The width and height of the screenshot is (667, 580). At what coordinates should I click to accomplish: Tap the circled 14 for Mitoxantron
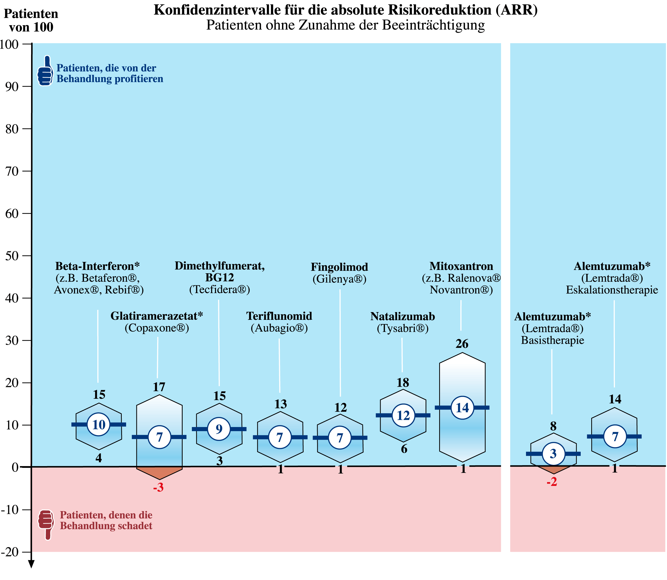tap(462, 407)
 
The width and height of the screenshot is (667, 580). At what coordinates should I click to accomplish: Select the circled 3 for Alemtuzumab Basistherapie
tap(553, 454)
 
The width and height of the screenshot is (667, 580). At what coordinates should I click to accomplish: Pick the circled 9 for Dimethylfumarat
tap(219, 429)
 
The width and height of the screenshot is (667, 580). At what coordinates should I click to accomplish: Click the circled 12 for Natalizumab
tap(403, 415)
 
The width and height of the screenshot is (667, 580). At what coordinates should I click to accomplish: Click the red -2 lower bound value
tap(552, 483)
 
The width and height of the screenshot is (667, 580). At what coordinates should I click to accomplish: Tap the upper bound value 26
tap(462, 344)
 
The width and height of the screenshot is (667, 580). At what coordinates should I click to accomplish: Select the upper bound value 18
tap(403, 383)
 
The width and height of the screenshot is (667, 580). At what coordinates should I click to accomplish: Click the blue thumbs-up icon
tap(45, 71)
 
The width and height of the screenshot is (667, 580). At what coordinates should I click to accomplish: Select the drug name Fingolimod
tap(340, 267)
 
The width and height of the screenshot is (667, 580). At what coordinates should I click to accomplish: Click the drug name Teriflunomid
tap(279, 316)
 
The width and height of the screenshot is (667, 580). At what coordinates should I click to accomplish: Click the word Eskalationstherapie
tap(612, 290)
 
